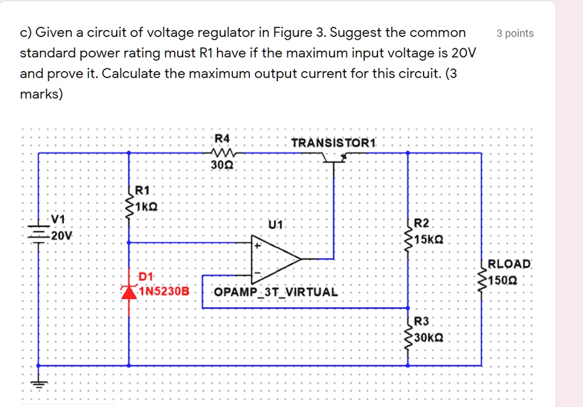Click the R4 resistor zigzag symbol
221,152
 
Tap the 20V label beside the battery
61,235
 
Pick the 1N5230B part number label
162,291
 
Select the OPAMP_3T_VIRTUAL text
276,292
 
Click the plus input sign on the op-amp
257,246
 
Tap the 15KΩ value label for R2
428,239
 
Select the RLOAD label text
509,264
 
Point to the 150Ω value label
503,280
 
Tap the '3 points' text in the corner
515,34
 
